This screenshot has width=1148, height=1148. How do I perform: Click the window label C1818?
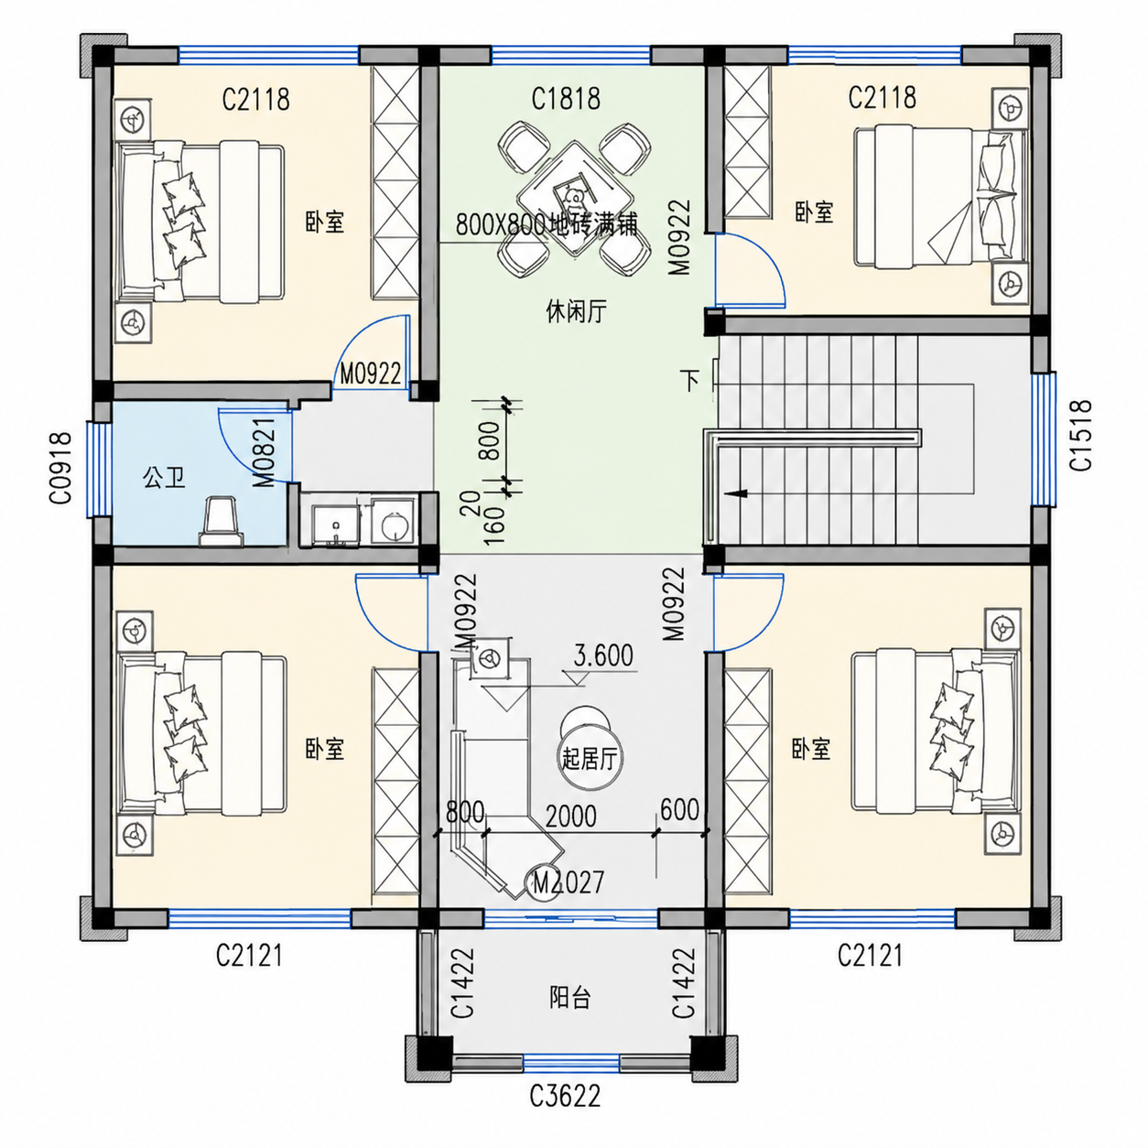click(x=566, y=98)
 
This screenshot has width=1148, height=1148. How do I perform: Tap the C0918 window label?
click(x=60, y=468)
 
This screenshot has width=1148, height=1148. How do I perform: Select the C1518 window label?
click(x=1080, y=435)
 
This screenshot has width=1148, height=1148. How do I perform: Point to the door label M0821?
click(x=265, y=451)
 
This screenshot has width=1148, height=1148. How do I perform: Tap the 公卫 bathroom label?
click(x=164, y=477)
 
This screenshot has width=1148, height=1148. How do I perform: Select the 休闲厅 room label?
click(x=576, y=311)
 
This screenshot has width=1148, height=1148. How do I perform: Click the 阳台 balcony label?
click(x=569, y=998)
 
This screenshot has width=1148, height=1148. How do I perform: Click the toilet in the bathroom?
click(x=222, y=521)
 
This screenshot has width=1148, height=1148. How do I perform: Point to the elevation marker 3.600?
click(x=603, y=655)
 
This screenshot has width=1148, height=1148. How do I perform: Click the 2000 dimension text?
click(x=570, y=817)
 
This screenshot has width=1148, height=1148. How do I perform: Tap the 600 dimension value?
click(x=680, y=809)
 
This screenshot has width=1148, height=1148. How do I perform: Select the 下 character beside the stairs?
click(x=691, y=380)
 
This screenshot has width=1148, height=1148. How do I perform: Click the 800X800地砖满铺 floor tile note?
click(x=547, y=224)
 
